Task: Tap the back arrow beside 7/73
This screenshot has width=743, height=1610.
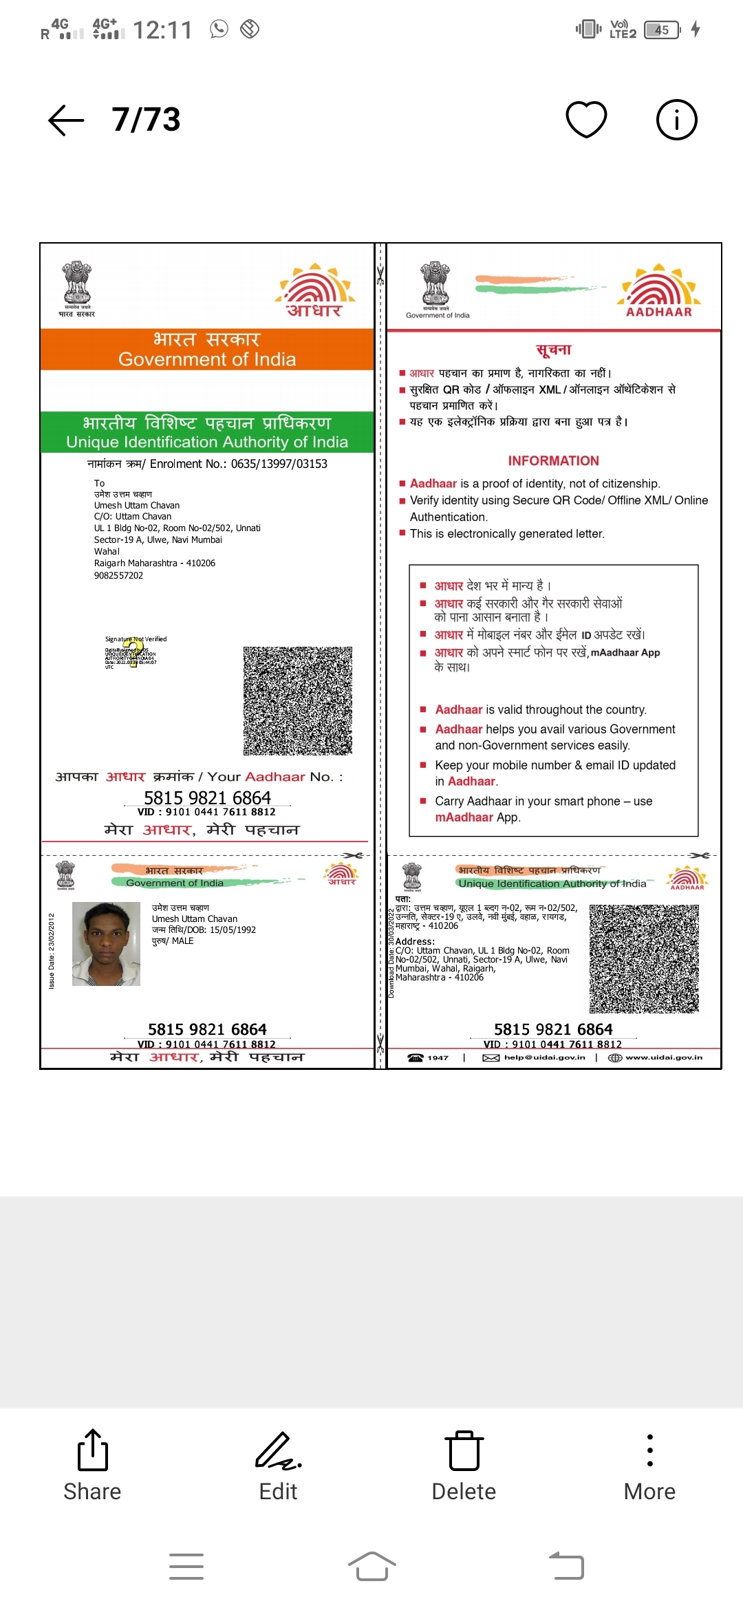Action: pos(66,120)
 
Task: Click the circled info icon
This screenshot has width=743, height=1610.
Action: pos(676,120)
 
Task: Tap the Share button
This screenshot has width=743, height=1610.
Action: pos(92,1466)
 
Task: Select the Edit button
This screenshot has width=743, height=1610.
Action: pos(278,1466)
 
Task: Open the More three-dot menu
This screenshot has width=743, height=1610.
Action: pos(649,1466)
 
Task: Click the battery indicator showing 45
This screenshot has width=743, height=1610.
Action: pos(662,30)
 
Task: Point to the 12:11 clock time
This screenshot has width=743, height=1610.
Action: pos(162,30)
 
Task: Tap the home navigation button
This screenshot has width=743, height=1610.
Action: pos(371,1567)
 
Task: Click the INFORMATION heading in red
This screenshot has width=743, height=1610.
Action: pos(553,461)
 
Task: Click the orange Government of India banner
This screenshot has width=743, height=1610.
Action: pos(206,350)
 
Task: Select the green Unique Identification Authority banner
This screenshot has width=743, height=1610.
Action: pos(206,432)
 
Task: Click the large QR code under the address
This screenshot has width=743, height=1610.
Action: pos(298,700)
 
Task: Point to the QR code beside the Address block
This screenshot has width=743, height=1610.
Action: pos(644,958)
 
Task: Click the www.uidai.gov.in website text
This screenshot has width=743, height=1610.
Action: pos(663,1058)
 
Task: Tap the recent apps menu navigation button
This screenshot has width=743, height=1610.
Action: pos(186,1567)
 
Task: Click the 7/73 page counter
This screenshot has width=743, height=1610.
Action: pos(146,120)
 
